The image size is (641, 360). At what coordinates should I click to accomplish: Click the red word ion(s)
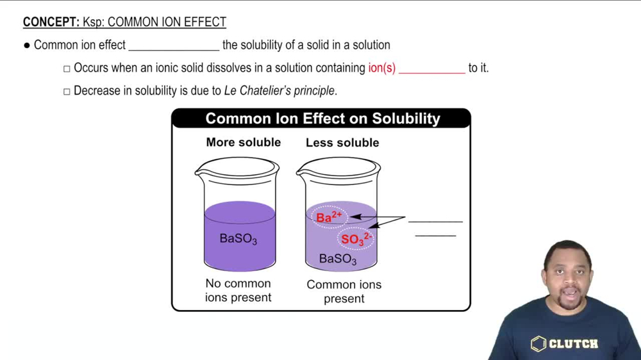[x=381, y=68]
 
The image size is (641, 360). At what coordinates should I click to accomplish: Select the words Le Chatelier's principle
[x=279, y=91]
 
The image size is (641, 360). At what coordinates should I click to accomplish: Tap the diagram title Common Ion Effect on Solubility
[x=322, y=119]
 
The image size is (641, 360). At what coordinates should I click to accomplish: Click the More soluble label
[x=243, y=142]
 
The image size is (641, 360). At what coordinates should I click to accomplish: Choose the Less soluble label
[x=342, y=143]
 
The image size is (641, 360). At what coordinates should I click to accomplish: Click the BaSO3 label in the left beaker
[x=238, y=239]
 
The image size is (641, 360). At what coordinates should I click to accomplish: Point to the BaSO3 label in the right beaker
[x=338, y=259]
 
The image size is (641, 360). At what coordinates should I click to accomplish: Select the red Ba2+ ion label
[x=329, y=217]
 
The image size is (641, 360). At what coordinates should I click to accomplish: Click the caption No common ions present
[x=238, y=290]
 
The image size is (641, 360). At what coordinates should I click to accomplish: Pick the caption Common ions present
[x=344, y=291]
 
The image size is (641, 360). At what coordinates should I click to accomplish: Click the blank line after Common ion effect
[x=174, y=48]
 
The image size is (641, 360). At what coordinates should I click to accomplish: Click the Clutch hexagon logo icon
[x=538, y=344]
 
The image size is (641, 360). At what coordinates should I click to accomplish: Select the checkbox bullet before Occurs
[x=67, y=69]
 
